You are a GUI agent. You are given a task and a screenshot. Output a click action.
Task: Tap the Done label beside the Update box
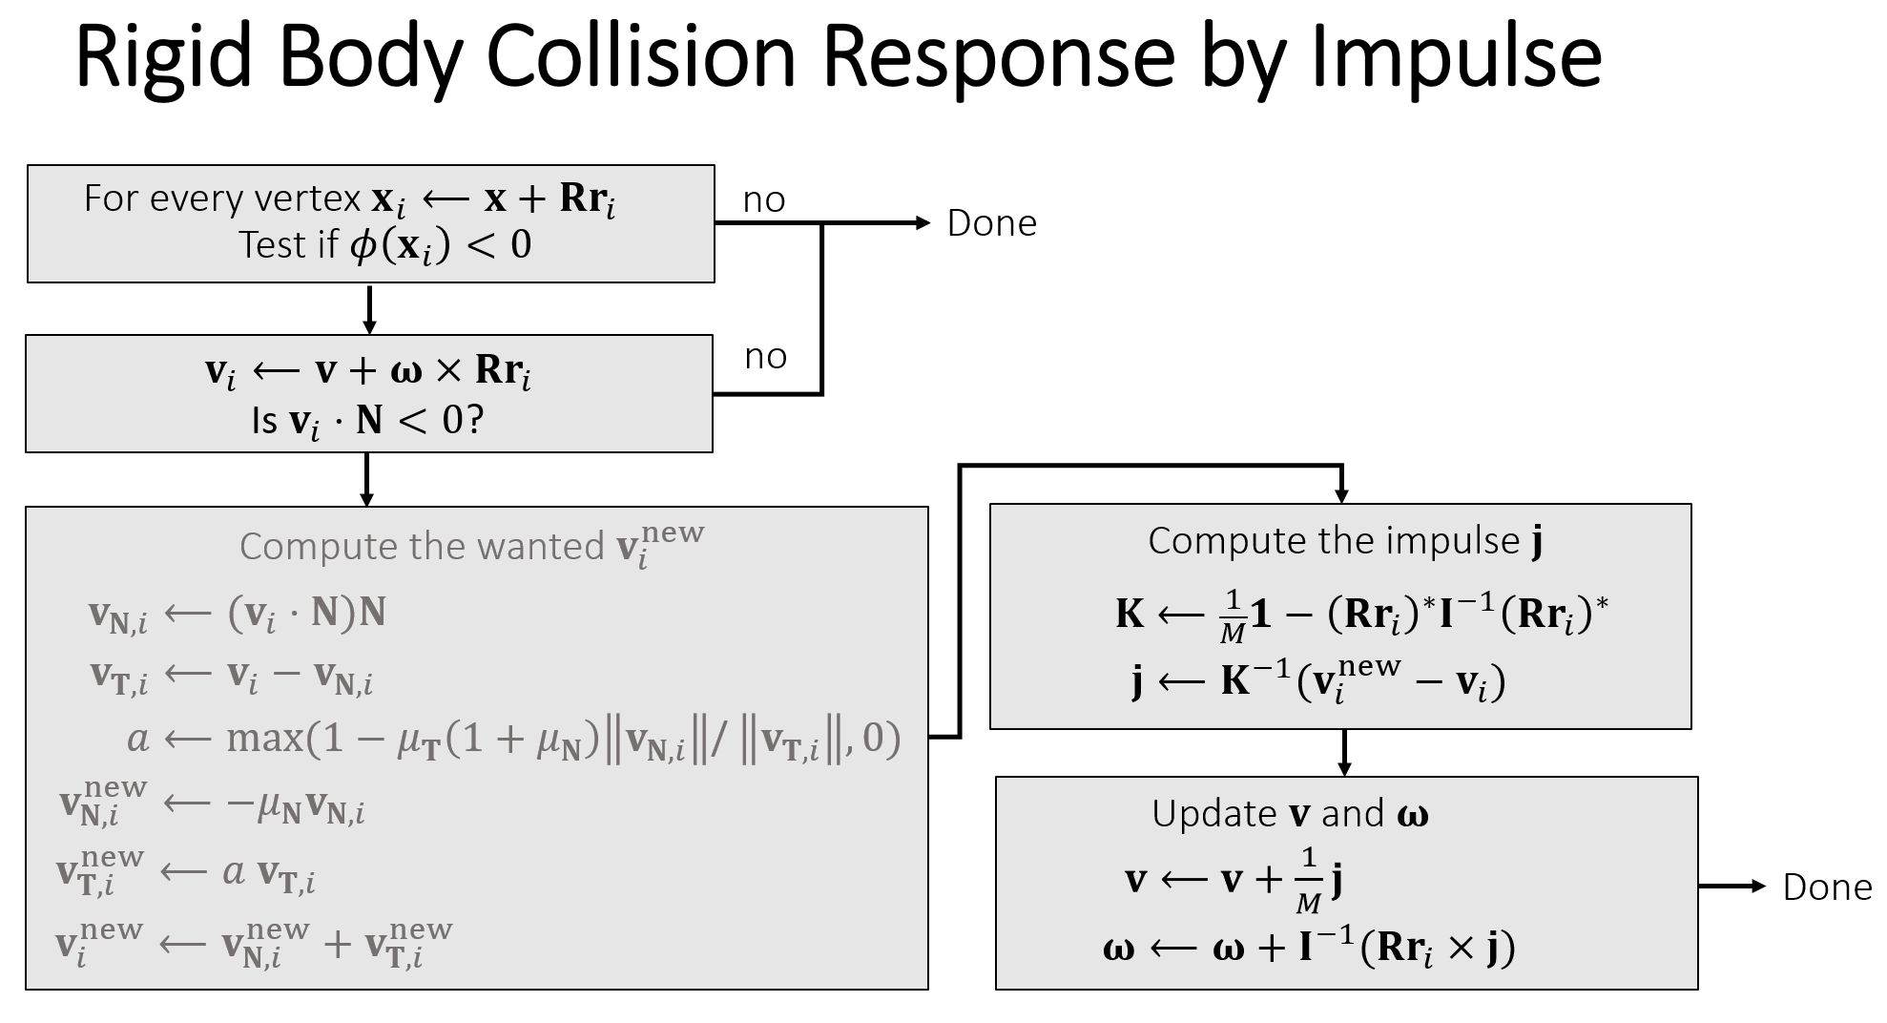click(x=1827, y=887)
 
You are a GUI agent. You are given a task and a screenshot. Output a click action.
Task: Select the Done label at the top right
click(x=991, y=223)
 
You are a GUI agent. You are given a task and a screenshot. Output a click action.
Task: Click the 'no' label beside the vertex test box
click(x=764, y=200)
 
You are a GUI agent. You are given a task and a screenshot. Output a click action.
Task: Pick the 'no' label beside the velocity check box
click(x=765, y=357)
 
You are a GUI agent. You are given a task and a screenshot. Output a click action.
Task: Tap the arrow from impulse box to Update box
click(x=1344, y=753)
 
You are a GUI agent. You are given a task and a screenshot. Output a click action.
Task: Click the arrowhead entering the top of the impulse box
click(x=1341, y=493)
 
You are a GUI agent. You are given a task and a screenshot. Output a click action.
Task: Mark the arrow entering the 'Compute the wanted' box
click(x=366, y=480)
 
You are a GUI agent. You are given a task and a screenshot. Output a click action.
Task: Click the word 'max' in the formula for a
click(x=264, y=739)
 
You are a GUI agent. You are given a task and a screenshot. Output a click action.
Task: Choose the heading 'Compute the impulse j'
click(x=1345, y=541)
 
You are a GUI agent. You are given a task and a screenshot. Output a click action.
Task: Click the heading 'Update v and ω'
click(x=1290, y=814)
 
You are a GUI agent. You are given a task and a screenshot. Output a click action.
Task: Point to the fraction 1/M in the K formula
click(x=1233, y=616)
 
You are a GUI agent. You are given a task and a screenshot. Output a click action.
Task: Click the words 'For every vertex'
click(x=222, y=198)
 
